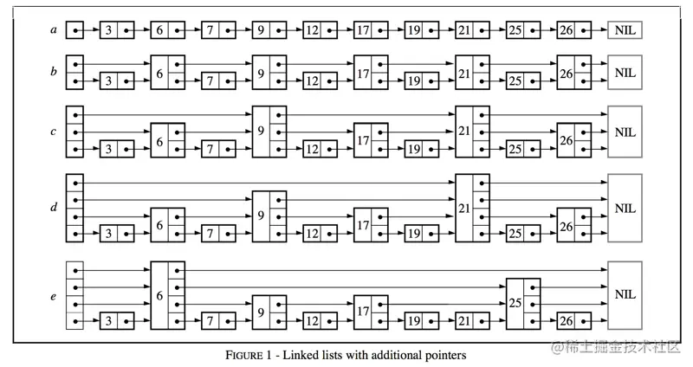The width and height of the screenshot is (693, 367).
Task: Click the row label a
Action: point(54,31)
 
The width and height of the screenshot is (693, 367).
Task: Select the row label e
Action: point(54,296)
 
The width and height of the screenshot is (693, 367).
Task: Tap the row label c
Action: point(54,132)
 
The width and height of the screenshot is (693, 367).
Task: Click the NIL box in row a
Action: point(625,31)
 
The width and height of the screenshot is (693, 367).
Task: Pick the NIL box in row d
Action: point(625,208)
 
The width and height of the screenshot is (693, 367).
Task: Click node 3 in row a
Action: point(116,31)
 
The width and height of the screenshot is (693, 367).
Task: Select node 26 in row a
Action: point(573,31)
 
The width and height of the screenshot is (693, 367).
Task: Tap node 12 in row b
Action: point(320,81)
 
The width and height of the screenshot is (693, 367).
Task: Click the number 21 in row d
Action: point(464,208)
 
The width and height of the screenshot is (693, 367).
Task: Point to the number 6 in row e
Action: point(159,295)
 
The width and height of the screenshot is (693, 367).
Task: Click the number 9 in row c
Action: point(261,132)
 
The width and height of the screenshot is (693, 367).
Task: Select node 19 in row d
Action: point(421,234)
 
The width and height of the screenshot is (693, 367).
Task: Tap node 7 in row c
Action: point(217,149)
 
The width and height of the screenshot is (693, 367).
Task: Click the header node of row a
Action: point(74,31)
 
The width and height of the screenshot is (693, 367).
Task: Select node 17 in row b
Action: point(370,73)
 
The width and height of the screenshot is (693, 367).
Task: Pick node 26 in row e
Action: point(573,322)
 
